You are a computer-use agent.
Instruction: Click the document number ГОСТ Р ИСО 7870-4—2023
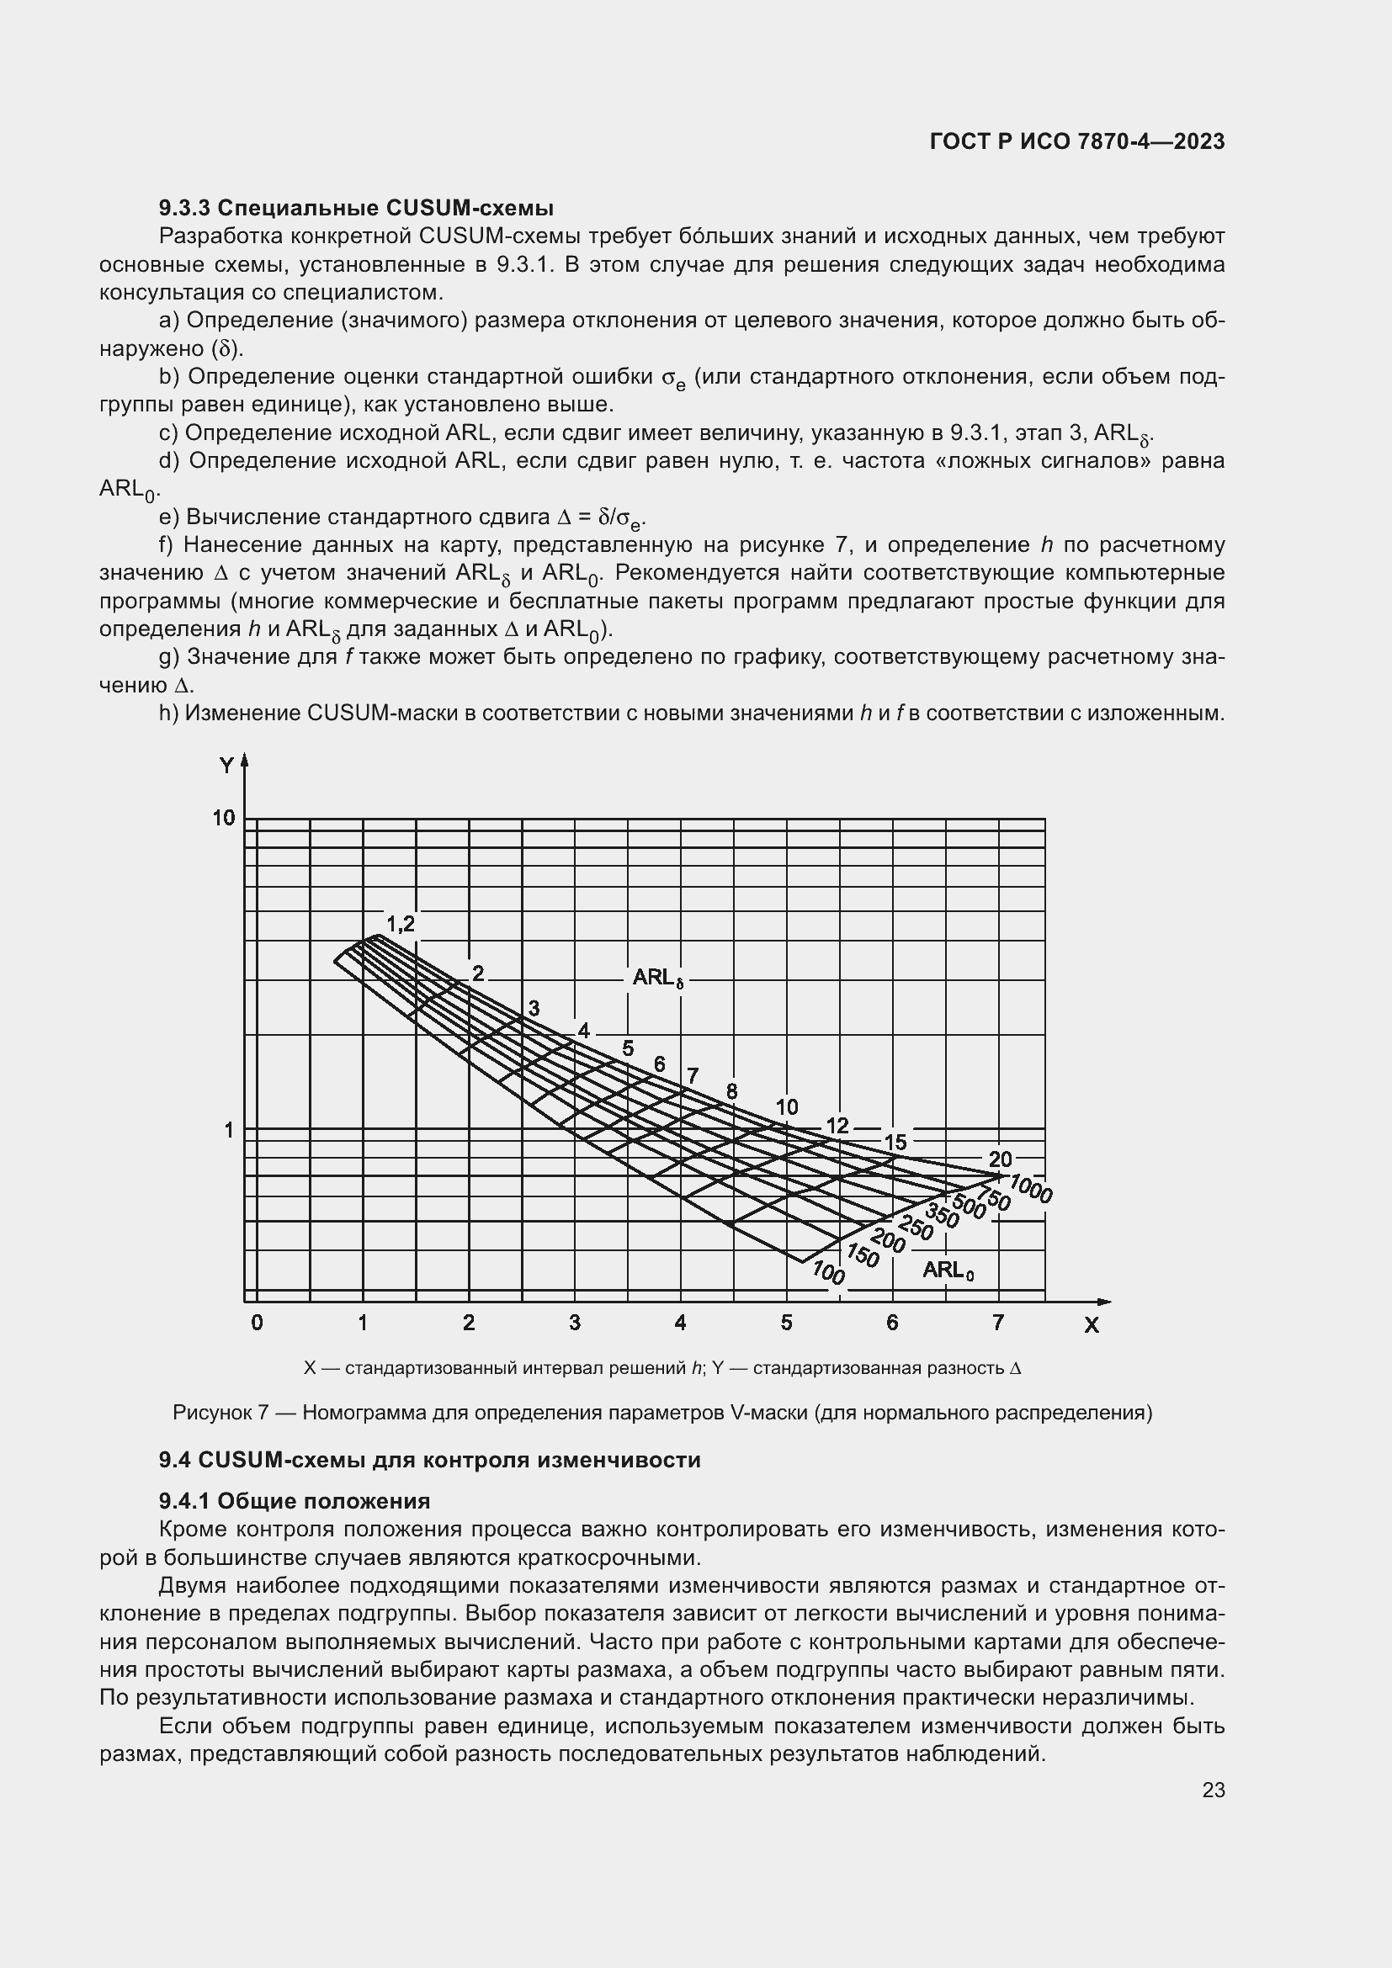[x=1076, y=142]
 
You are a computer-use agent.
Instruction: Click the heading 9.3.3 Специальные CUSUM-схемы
[x=356, y=209]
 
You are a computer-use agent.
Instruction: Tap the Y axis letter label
[x=226, y=766]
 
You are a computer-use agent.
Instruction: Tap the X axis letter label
[x=1092, y=1326]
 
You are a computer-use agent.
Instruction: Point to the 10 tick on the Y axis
[x=224, y=819]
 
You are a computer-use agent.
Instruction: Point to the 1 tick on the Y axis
[x=229, y=1131]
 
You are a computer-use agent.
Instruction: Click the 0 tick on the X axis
[x=258, y=1323]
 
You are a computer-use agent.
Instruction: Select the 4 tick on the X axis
[x=681, y=1323]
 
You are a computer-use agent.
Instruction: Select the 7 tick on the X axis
[x=998, y=1323]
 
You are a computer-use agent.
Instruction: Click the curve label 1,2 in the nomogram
[x=401, y=924]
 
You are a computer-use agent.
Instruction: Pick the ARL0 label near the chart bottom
[x=948, y=1270]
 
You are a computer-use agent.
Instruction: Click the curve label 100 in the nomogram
[x=828, y=1274]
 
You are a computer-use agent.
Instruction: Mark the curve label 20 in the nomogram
[x=1001, y=1159]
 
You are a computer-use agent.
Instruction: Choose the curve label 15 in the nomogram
[x=895, y=1143]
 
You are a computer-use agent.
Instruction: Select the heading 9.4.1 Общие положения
[x=294, y=1502]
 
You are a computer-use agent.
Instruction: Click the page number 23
[x=1213, y=1790]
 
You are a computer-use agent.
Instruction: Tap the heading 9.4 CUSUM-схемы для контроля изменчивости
[x=429, y=1460]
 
